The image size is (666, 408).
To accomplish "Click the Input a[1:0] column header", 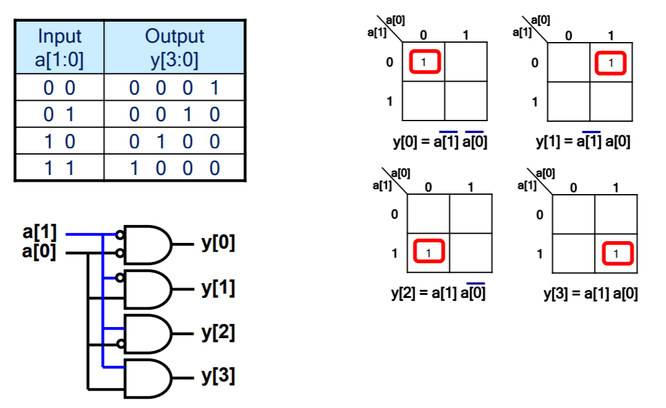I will [x=59, y=48].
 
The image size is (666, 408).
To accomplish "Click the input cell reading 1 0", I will [x=59, y=142].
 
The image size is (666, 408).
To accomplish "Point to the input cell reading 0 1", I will [x=59, y=115].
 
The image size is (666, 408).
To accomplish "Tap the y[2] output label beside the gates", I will [x=218, y=333].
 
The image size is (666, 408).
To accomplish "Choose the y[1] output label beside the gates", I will [x=218, y=288].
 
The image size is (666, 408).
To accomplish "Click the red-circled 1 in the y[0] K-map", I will [x=424, y=62].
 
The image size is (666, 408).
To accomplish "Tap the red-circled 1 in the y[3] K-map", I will [x=615, y=253].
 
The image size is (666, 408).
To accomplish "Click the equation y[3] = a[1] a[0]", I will [x=591, y=293].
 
